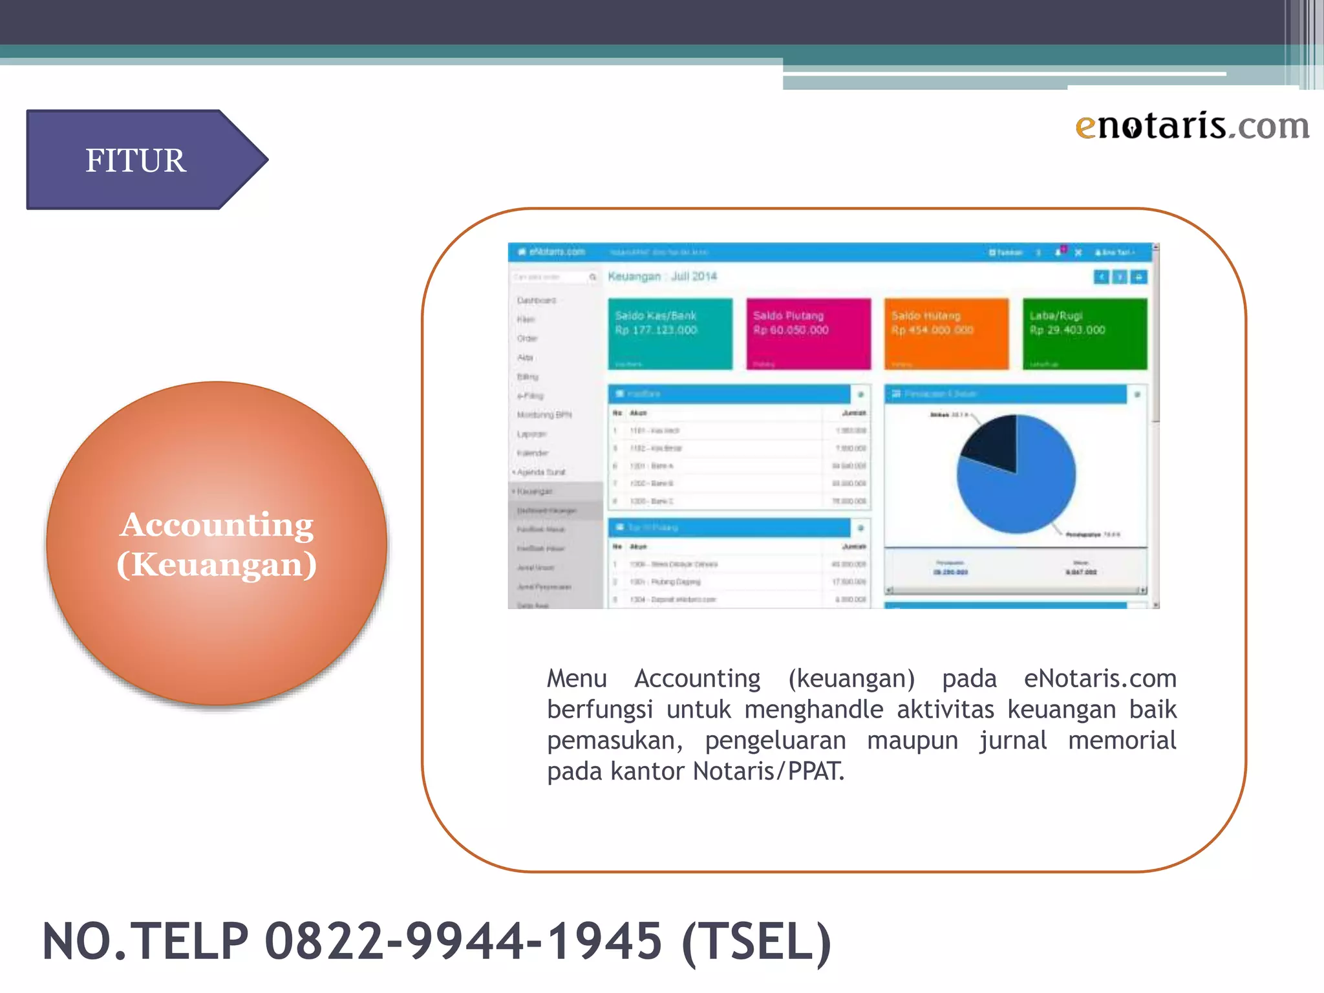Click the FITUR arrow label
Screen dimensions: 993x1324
(x=136, y=160)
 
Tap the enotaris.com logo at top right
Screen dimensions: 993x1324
(x=1192, y=125)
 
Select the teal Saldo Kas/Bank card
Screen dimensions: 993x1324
(x=670, y=334)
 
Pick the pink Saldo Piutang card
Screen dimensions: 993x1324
(x=808, y=334)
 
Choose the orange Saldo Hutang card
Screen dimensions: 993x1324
(x=946, y=334)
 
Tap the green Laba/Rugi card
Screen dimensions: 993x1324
(x=1085, y=334)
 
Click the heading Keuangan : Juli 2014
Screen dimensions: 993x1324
(x=662, y=277)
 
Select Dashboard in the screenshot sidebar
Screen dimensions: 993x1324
(x=537, y=301)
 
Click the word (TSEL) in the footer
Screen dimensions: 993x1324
(x=756, y=941)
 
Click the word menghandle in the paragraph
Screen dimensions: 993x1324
(x=813, y=710)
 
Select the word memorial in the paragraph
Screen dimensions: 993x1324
(x=1122, y=740)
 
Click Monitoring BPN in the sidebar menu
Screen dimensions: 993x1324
(x=544, y=415)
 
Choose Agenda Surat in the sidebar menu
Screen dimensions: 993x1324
(x=541, y=473)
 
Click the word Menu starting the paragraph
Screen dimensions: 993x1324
(x=577, y=679)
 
